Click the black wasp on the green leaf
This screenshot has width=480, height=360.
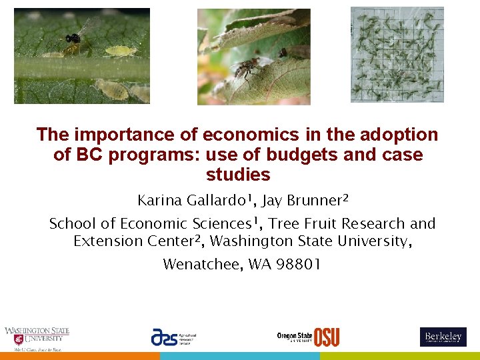[73, 39]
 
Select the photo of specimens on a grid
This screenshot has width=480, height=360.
[397, 55]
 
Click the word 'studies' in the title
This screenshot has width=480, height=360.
[238, 175]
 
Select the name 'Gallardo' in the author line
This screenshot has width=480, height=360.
[215, 200]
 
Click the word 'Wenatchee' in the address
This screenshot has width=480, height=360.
[203, 264]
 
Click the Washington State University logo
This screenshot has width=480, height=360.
[37, 338]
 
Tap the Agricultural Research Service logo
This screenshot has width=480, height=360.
[173, 337]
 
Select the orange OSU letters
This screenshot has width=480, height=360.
[327, 337]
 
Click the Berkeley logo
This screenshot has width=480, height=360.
[443, 337]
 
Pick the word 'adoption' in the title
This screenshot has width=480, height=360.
[404, 135]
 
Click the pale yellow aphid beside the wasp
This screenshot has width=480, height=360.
[121, 51]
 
